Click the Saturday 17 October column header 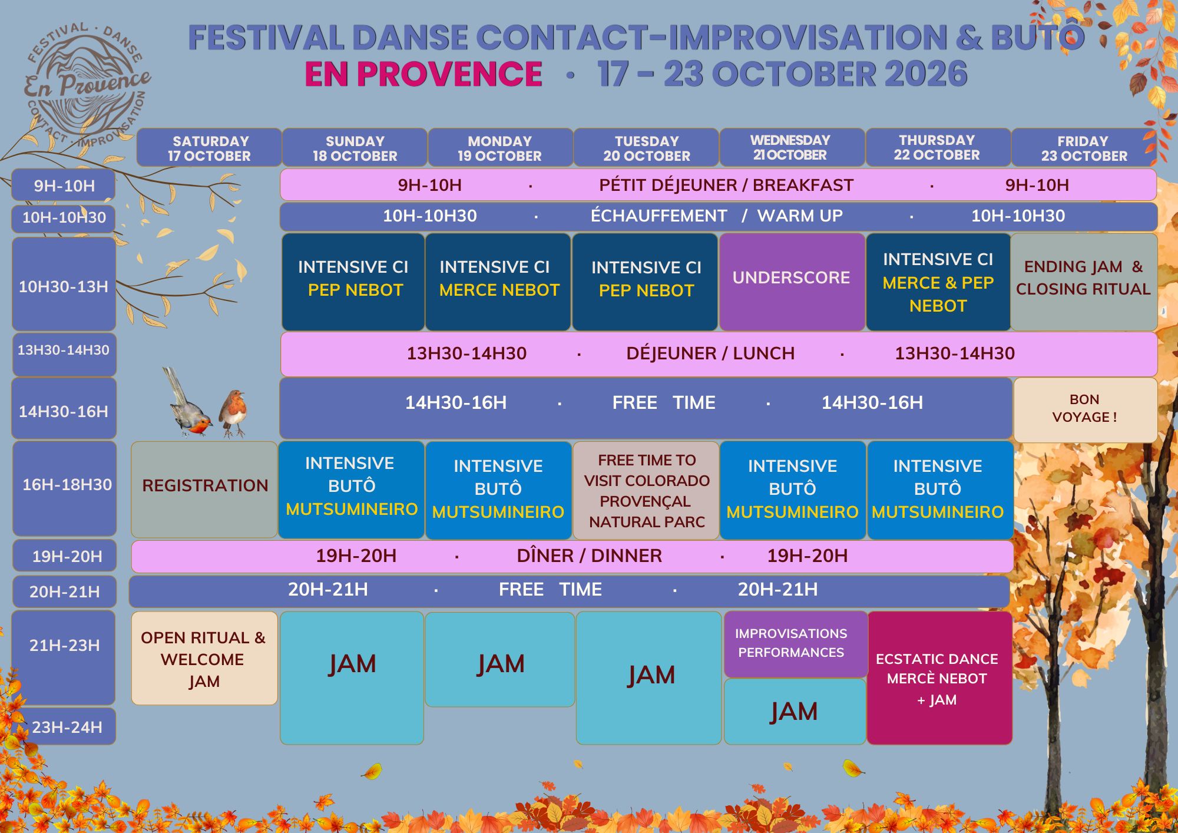click(209, 148)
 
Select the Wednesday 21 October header click(792, 147)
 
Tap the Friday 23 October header click(1084, 148)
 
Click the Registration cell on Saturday click(204, 490)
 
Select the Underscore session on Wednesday click(792, 282)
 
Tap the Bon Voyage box click(1085, 409)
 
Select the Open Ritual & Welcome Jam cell click(204, 658)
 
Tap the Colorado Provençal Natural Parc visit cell click(646, 490)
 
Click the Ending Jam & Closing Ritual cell click(1084, 282)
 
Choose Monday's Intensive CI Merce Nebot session click(498, 282)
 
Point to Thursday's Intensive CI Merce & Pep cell click(938, 282)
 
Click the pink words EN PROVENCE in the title click(423, 74)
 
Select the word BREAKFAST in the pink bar click(803, 185)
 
